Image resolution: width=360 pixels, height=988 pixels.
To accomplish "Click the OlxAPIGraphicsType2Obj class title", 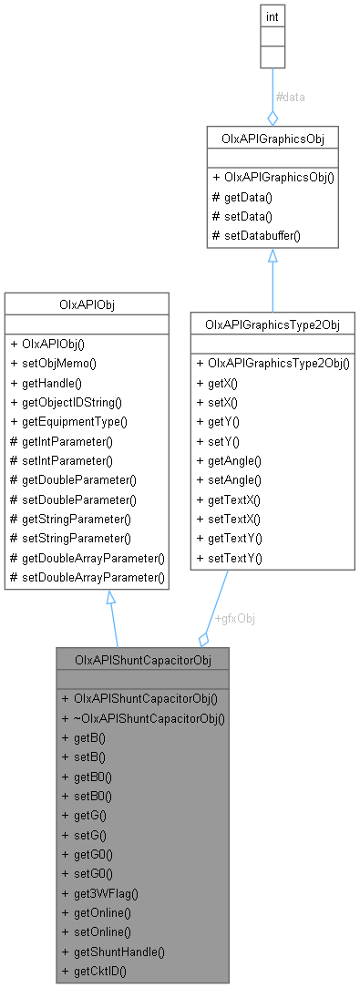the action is pyautogui.click(x=271, y=324).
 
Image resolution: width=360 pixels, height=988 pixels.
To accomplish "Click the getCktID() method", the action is pyautogui.click(x=93, y=971).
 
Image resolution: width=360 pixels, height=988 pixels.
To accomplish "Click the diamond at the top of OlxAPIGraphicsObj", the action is pyautogui.click(x=272, y=118).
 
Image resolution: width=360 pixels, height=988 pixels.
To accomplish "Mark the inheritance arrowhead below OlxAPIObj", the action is pyautogui.click(x=110, y=598).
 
